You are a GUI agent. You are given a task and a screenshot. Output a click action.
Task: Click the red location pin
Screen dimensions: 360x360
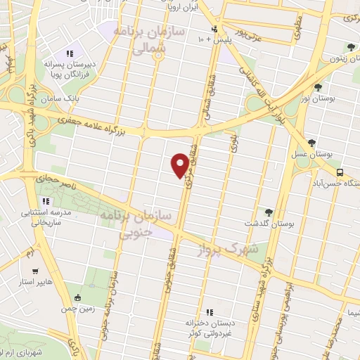coord(180,165)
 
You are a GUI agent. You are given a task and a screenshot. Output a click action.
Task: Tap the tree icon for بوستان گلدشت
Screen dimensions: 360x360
coord(268,211)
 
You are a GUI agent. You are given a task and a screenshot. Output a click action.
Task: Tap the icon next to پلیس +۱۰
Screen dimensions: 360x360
coord(214,30)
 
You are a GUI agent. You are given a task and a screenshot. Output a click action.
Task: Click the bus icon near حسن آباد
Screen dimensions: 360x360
coord(340,172)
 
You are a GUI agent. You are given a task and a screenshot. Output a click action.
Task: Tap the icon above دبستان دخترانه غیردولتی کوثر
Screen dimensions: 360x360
coord(209,311)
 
